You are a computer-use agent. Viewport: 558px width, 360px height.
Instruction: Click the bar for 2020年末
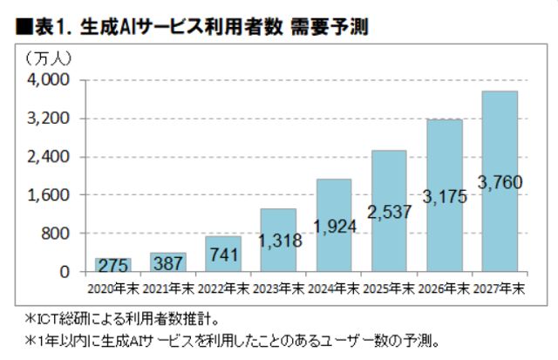pyautogui.click(x=112, y=265)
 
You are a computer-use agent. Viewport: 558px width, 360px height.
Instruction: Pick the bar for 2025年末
pyautogui.click(x=389, y=211)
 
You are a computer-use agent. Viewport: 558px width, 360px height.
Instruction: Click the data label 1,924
pyautogui.click(x=333, y=226)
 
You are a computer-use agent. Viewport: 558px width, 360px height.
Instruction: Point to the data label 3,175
pyautogui.click(x=445, y=196)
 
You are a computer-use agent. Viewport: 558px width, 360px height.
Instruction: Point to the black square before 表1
pyautogui.click(x=24, y=30)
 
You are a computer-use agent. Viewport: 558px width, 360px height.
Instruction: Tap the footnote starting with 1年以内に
pyautogui.click(x=235, y=341)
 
